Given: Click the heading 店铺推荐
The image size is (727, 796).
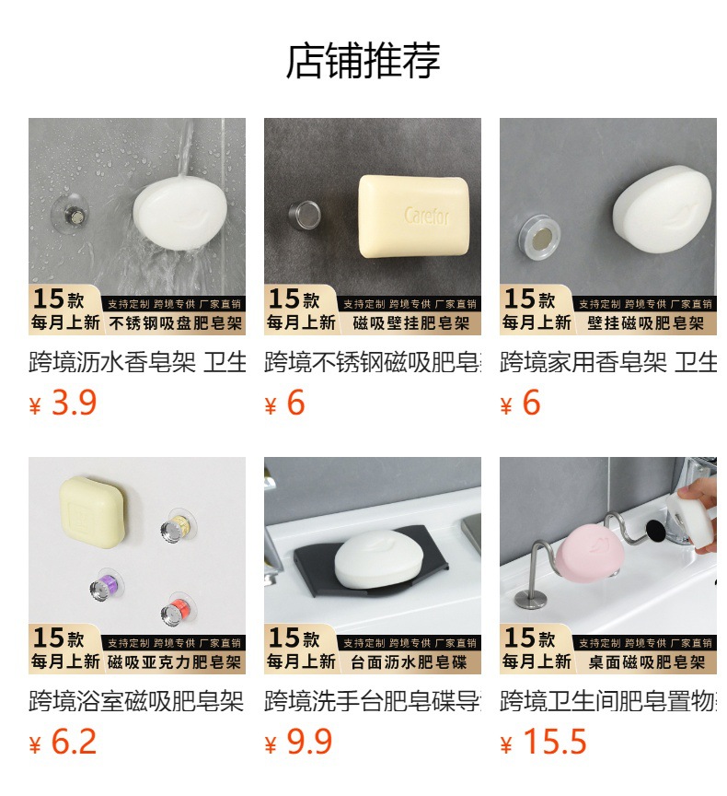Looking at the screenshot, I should pos(363,61).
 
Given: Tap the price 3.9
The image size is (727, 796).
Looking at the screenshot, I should pos(74,404).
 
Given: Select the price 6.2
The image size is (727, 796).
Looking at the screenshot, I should pos(74,743).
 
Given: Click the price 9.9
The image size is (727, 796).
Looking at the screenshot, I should pos(309,743).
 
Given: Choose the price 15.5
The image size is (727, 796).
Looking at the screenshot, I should pos(554,743).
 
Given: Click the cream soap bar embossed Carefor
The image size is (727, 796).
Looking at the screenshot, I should pos(415,215).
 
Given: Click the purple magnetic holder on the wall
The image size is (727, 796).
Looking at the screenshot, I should pos(104,587).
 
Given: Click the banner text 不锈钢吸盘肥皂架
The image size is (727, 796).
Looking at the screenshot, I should pos(175,323).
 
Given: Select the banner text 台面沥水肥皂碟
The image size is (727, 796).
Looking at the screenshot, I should pos(410,662).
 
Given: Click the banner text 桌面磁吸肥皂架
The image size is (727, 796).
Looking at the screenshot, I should pos(646,662).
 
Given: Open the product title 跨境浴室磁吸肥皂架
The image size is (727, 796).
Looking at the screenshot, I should pos(136,702).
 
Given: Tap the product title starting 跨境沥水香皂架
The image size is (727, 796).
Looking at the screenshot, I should pos(136,363).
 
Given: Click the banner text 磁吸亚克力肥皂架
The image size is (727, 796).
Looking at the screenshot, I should pos(175,662).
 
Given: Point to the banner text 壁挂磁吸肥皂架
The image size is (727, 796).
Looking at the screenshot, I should pos(646,323).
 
